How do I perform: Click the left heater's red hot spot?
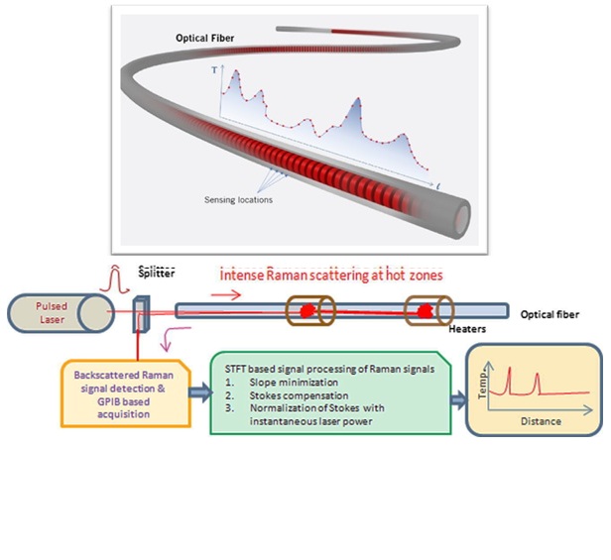pos(308,311)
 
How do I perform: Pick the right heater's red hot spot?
pos(427,311)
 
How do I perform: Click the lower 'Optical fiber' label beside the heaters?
pos(550,314)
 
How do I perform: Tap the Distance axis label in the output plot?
pos(541,421)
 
